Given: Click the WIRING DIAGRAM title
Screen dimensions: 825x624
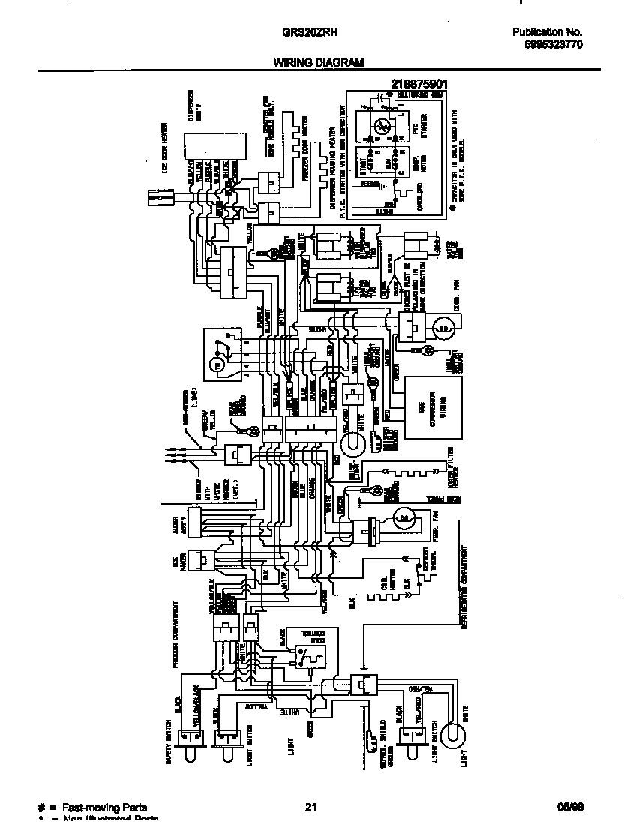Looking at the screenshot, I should point(319,63).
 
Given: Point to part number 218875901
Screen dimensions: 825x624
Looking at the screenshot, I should point(419,84).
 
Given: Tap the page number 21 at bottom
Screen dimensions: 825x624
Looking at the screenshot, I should point(311,808).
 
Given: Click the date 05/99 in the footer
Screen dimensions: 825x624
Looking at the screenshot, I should point(570,808).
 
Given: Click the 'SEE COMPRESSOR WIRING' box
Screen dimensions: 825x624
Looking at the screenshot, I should point(433,407).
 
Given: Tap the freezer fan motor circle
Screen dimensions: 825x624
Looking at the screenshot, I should point(404,517).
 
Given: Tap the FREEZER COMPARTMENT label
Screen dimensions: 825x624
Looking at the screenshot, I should point(174,633).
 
